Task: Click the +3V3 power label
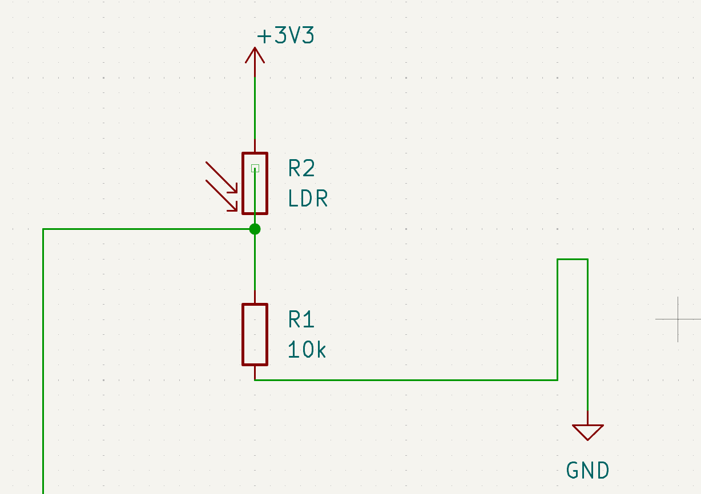(285, 37)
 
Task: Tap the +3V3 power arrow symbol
(255, 56)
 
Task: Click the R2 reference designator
(301, 169)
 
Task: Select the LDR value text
(308, 199)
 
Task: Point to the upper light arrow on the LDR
(221, 177)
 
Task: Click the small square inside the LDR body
(255, 168)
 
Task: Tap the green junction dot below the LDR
(255, 229)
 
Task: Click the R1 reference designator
(301, 320)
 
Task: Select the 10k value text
(307, 349)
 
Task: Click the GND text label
(587, 471)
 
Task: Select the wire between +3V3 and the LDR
(255, 108)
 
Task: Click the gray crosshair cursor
(678, 319)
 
